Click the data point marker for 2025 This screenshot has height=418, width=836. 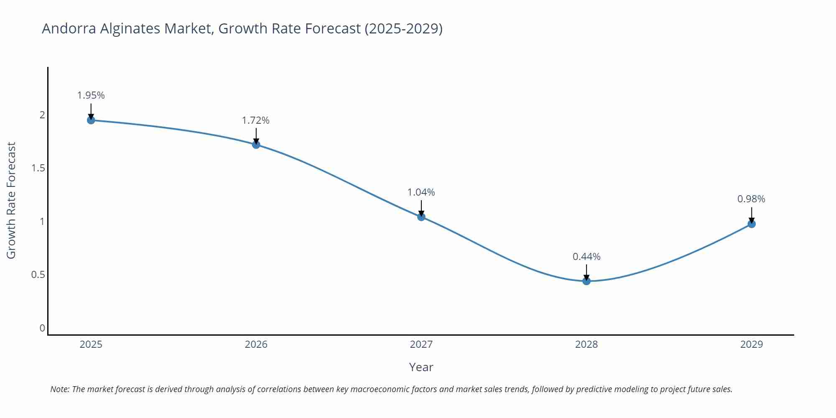click(x=91, y=120)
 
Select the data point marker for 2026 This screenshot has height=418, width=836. click(x=256, y=145)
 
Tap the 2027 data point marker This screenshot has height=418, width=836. click(x=421, y=217)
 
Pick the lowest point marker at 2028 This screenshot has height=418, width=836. click(x=586, y=281)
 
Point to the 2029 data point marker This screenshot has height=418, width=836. click(x=752, y=224)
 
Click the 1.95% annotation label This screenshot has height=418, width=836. click(x=91, y=95)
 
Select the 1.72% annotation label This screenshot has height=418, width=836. click(x=256, y=120)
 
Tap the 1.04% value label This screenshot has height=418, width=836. click(x=421, y=192)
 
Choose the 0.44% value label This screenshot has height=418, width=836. click(x=586, y=257)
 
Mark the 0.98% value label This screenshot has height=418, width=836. click(x=751, y=199)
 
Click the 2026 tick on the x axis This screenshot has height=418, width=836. click(x=256, y=344)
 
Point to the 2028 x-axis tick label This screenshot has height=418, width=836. click(x=586, y=344)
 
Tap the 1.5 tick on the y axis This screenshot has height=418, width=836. click(x=38, y=168)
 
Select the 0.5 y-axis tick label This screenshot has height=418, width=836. click(x=38, y=275)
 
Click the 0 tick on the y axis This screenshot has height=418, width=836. click(x=42, y=328)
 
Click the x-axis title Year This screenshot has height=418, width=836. click(x=421, y=367)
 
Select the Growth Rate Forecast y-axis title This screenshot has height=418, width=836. click(x=11, y=200)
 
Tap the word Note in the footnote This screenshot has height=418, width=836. click(x=59, y=389)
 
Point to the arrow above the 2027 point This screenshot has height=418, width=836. click(x=421, y=208)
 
